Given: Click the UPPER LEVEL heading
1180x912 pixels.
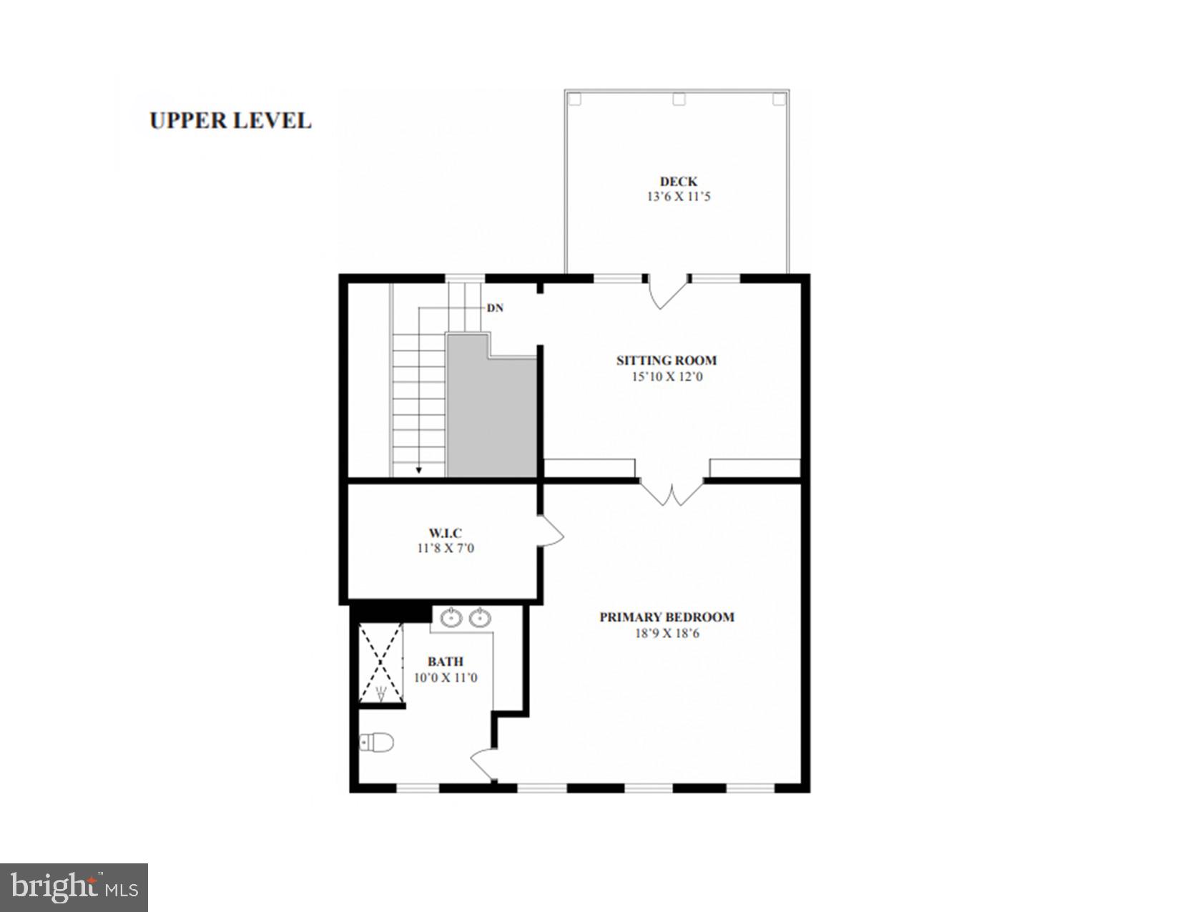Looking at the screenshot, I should pos(230,120).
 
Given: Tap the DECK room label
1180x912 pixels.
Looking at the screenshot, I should pos(678,182).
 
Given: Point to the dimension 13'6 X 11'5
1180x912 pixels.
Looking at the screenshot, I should pos(678,197).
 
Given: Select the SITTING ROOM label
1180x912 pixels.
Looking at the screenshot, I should pos(667,361).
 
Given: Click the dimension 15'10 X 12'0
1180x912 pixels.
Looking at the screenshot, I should pos(667,376).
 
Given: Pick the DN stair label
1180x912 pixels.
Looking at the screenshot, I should pos(495,308).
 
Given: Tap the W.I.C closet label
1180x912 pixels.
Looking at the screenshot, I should pos(445,533).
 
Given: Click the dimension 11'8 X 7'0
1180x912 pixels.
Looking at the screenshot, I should pos(445,549).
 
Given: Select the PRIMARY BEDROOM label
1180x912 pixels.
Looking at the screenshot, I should pos(667,617).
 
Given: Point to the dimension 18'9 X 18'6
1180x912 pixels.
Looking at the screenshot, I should pos(667,633).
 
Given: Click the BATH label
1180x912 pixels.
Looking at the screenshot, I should pos(446,662).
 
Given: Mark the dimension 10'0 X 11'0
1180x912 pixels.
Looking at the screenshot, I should pos(446,677).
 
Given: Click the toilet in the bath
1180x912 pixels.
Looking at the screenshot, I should pos(378,743).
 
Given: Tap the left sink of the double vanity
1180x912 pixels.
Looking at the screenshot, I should pos(451,618).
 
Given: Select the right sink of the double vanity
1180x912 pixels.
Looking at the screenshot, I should pos(480,618).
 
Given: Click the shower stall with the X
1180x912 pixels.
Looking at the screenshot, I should pos(380,662).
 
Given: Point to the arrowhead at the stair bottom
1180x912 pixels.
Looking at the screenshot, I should pos(419,470).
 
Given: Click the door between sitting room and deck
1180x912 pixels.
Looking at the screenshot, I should pos(668,292).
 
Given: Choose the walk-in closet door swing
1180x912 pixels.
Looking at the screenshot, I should pos(551,532).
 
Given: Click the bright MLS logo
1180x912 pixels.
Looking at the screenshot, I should pos(74,888).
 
